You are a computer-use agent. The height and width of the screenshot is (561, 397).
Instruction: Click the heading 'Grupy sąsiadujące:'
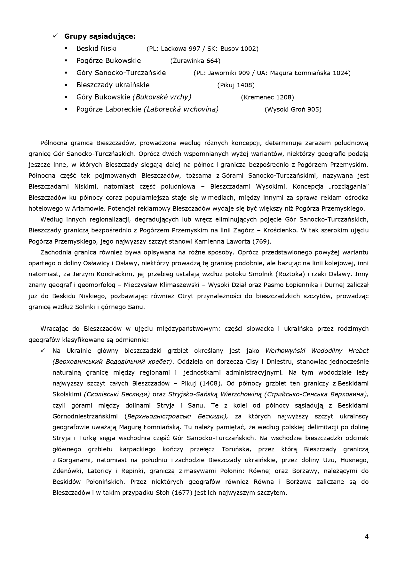pyautogui.click(x=100, y=36)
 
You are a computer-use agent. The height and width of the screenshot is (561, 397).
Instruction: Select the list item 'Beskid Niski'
pyautogui.click(x=96, y=49)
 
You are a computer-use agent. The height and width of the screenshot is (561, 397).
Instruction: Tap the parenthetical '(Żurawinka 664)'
pyautogui.click(x=195, y=61)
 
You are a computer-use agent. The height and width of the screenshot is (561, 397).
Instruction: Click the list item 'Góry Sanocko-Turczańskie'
pyautogui.click(x=121, y=73)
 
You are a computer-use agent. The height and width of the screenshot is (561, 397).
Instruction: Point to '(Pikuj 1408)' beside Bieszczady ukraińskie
pyautogui.click(x=236, y=85)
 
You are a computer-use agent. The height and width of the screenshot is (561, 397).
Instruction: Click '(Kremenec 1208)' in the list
pyautogui.click(x=267, y=97)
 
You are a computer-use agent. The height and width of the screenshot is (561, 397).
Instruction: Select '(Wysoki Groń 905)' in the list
pyautogui.click(x=293, y=109)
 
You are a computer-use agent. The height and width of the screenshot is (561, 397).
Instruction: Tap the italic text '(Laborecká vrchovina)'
pyautogui.click(x=181, y=109)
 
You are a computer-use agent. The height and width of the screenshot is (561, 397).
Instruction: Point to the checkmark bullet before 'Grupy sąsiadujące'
pyautogui.click(x=55, y=36)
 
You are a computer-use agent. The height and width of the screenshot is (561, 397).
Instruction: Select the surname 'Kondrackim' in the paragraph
pyautogui.click(x=115, y=274)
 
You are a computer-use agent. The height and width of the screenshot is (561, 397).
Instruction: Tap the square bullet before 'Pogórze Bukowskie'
pyautogui.click(x=66, y=60)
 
